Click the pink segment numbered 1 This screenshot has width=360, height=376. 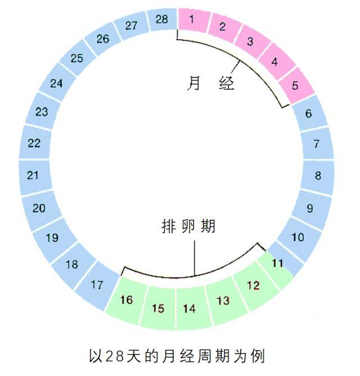pos(193,20)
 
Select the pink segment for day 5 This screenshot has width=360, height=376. pos(296,85)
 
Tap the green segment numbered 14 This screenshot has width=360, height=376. pos(191,309)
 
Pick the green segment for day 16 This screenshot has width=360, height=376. pos(127,300)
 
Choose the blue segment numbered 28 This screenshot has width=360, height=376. pos(162,20)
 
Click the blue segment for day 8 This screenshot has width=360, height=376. pos(317,176)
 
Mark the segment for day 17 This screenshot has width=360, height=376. pos(98,285)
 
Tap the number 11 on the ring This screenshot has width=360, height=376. pos(278,263)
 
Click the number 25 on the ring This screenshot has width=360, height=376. pos(77,58)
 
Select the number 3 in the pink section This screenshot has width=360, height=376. pos(250,41)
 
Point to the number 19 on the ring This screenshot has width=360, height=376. pos(52,238)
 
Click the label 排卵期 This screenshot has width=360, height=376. pos(188,226)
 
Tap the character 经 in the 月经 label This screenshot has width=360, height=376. pos(226,83)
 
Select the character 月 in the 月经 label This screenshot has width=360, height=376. pos(193,83)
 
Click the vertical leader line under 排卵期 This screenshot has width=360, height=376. pos(195,259)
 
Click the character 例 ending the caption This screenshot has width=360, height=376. pos(258,356)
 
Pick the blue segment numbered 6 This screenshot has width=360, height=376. pos(310,113)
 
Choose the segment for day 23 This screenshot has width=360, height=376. pos(43,112)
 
